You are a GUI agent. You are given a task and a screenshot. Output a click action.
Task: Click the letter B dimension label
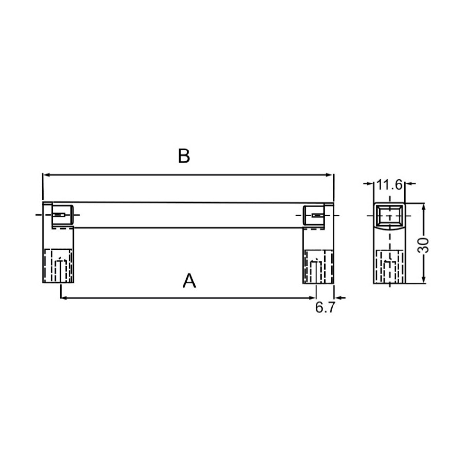click(183, 156)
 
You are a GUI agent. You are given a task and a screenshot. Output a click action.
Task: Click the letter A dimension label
click(189, 281)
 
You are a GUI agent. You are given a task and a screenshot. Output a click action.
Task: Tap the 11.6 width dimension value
click(389, 184)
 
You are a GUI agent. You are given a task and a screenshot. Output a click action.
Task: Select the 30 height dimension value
click(424, 245)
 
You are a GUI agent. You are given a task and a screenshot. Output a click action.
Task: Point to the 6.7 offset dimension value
click(325, 308)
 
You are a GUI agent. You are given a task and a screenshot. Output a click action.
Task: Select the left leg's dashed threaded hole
click(59, 266)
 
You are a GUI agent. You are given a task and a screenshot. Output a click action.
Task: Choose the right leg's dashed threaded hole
click(318, 266)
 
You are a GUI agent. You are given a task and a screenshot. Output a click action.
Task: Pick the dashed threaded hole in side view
click(390, 266)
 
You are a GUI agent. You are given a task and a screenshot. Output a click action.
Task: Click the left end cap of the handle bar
click(62, 215)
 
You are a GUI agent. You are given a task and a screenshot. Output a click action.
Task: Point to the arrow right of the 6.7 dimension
click(340, 297)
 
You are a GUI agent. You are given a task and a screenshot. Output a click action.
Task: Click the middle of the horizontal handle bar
click(188, 215)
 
